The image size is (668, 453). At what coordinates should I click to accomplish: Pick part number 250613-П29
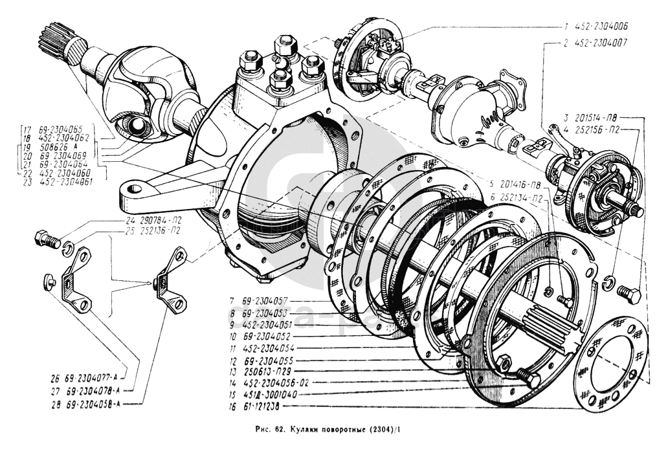[261, 371]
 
